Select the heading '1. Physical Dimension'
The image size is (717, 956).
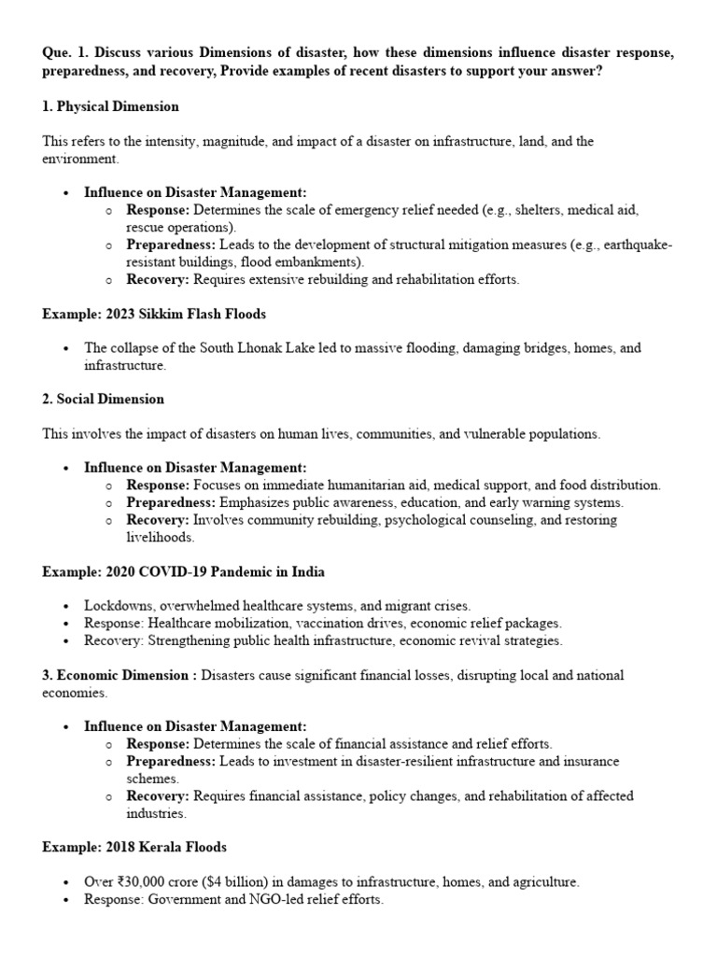[x=110, y=106]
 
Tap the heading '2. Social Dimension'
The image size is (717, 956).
[x=103, y=399]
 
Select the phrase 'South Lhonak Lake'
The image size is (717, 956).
[x=246, y=348]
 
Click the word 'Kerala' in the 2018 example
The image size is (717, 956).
[x=160, y=847]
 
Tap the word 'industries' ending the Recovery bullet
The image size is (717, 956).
[x=157, y=813]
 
